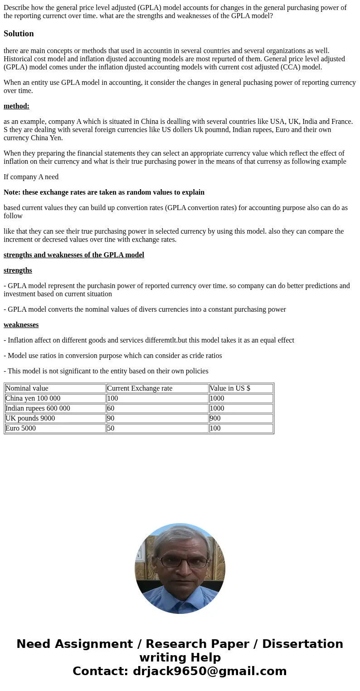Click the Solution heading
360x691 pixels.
point(19,34)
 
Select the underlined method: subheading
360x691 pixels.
point(16,106)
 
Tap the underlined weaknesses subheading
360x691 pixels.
point(21,325)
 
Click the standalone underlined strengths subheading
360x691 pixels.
point(18,270)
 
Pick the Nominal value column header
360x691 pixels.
point(27,388)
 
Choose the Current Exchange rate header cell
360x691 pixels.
point(140,388)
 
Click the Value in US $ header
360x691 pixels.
point(230,388)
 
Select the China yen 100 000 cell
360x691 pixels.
point(33,398)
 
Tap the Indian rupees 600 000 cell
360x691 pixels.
point(38,408)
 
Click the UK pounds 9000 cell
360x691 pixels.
point(30,418)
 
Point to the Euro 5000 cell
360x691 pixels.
point(20,428)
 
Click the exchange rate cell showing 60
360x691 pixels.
point(111,408)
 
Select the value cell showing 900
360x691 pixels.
point(215,418)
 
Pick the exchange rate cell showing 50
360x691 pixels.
point(111,428)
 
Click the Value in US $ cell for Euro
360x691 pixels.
point(215,428)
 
